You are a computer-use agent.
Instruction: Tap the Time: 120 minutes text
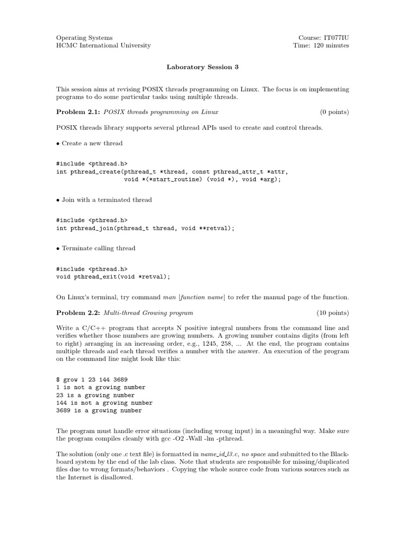[x=321, y=46]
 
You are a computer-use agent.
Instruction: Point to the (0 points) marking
[x=334, y=112]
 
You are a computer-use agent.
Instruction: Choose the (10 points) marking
[x=333, y=313]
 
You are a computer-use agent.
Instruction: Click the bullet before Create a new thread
[x=58, y=144]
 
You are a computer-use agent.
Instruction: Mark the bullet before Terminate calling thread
[x=58, y=249]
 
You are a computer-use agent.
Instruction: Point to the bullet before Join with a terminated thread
[x=58, y=200]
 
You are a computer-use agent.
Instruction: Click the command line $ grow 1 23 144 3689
[x=92, y=380]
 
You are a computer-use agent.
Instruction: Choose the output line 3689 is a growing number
[x=99, y=410]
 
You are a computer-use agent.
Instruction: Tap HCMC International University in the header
[x=103, y=46]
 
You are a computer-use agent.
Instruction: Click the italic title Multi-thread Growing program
[x=148, y=313]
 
